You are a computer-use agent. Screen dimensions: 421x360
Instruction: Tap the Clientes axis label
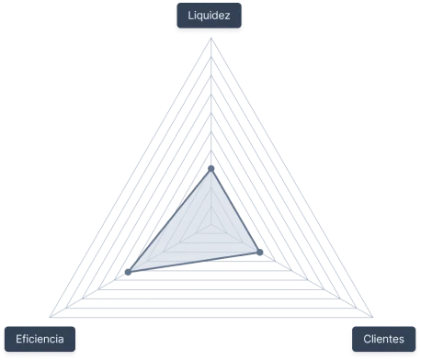(383, 340)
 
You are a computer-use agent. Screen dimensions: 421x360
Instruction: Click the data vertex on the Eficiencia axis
(130, 271)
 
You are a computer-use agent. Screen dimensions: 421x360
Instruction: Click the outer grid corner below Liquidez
(210, 39)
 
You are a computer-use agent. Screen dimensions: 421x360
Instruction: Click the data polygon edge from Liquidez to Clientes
(236, 210)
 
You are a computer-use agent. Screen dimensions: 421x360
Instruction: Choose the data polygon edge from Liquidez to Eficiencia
(170, 219)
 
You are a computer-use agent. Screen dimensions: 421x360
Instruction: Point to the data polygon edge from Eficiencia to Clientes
(195, 262)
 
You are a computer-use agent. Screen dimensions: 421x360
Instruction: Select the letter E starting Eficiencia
(18, 340)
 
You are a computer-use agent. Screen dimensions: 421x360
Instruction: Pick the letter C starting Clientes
(366, 340)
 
